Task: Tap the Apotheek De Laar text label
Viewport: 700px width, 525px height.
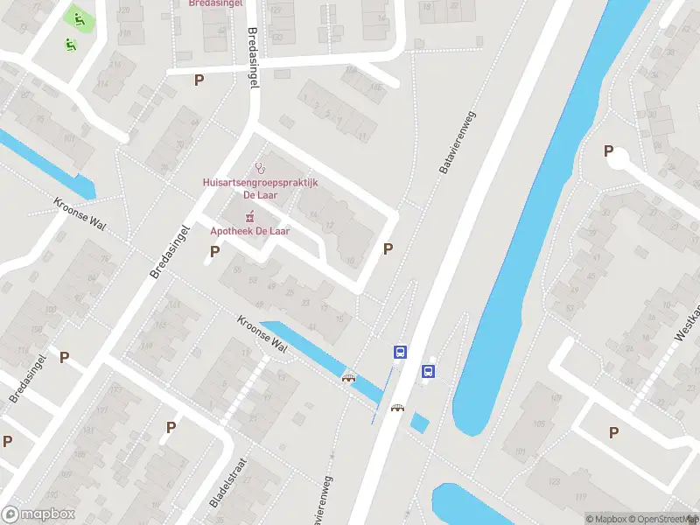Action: [x=250, y=231]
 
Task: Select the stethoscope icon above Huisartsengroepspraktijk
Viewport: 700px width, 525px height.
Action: [x=258, y=167]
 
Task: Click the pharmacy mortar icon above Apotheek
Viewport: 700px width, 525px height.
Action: [x=250, y=216]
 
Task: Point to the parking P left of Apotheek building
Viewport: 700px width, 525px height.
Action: [x=214, y=252]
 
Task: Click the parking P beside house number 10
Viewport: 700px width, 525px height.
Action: [x=388, y=248]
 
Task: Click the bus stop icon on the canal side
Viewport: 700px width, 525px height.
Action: [x=429, y=371]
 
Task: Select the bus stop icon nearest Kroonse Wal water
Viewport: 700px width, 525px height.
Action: [x=400, y=353]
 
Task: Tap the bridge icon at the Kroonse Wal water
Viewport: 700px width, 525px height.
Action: [x=349, y=378]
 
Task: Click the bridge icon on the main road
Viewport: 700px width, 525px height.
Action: [x=397, y=408]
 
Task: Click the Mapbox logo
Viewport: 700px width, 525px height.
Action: [x=38, y=514]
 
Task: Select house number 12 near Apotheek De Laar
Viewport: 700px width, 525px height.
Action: [x=329, y=227]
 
